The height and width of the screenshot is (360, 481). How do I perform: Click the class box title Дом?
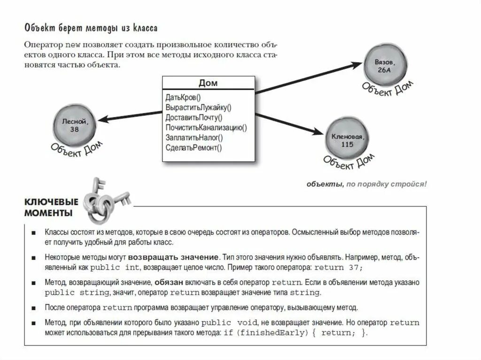[x=208, y=83]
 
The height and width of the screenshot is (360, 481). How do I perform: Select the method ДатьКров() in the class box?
[x=183, y=98]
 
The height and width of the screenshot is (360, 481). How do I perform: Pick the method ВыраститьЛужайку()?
[x=198, y=107]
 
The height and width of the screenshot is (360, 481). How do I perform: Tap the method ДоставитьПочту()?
[x=194, y=117]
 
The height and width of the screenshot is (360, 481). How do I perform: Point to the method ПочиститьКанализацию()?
[x=206, y=127]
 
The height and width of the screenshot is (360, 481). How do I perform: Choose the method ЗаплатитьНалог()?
[x=194, y=138]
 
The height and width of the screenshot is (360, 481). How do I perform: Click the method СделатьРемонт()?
[x=193, y=147]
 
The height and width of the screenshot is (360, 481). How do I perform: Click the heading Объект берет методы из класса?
[x=91, y=28]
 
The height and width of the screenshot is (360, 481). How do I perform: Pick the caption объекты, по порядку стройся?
[x=367, y=184]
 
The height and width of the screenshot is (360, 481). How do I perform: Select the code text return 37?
[x=338, y=268]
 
